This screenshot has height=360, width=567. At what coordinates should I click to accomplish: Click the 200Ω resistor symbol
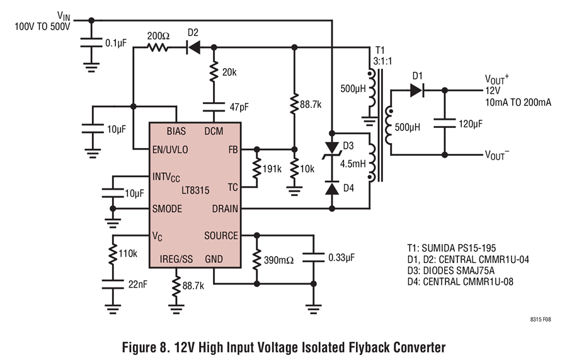158,47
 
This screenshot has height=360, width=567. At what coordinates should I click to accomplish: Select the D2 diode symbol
193,47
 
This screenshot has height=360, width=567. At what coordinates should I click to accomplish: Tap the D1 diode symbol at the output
416,90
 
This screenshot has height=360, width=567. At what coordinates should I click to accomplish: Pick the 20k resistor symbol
214,72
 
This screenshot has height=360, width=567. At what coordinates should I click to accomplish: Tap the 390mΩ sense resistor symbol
256,259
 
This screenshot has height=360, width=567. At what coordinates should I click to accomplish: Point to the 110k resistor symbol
113,253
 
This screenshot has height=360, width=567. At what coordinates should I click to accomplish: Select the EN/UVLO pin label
171,151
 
